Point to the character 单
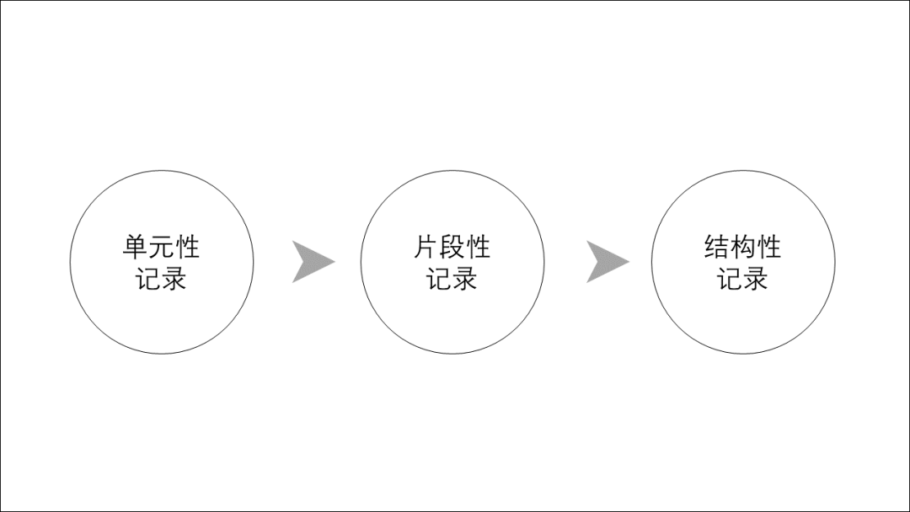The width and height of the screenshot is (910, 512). (x=135, y=247)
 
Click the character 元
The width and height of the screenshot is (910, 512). (x=161, y=247)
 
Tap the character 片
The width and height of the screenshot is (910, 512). (x=426, y=247)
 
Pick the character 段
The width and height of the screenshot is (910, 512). (x=452, y=247)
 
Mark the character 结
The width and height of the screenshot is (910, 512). (x=717, y=247)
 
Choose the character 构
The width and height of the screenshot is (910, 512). (x=743, y=247)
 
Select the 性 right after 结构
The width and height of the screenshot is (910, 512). (x=769, y=247)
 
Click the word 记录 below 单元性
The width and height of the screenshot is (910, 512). (x=161, y=279)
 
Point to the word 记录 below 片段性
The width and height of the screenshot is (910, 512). (x=452, y=279)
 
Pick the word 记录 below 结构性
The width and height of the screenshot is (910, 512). (x=743, y=279)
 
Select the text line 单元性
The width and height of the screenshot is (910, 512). (x=161, y=247)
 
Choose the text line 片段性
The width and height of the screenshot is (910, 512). (x=452, y=247)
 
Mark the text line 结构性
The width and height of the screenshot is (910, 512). (x=743, y=247)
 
